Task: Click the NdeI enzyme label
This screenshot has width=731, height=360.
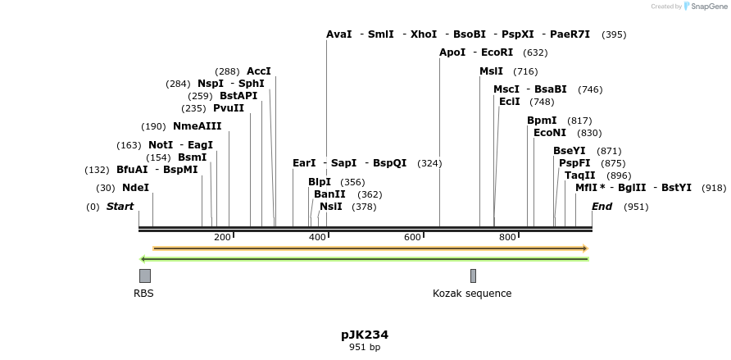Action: (135, 188)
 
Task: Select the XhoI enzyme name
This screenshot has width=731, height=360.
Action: (424, 34)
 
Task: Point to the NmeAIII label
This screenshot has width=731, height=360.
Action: (197, 126)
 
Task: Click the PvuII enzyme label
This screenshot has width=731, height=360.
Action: (229, 108)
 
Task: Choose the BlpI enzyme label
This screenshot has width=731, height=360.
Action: (320, 182)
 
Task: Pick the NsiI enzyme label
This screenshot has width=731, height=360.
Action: (331, 207)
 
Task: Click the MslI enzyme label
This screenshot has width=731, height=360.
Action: (492, 71)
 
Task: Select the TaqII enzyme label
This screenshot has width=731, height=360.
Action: (580, 175)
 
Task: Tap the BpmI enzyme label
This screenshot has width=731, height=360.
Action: (542, 121)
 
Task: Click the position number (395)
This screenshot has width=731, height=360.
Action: (614, 34)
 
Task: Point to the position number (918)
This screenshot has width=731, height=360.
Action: (714, 188)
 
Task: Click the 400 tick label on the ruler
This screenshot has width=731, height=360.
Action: (317, 237)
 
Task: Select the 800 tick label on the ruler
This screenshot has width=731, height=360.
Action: (507, 237)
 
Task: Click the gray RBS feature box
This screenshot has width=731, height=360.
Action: (145, 276)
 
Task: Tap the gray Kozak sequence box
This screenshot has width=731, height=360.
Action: (473, 276)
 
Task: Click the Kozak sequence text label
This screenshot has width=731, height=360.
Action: (472, 294)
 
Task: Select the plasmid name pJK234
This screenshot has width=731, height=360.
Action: (365, 335)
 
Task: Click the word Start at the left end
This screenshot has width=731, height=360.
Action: (120, 207)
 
